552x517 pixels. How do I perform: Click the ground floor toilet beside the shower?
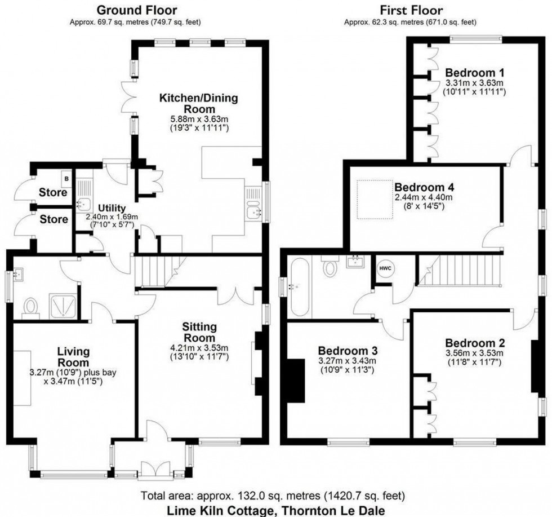32,307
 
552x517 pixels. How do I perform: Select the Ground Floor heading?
137,10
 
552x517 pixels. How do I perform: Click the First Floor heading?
411,10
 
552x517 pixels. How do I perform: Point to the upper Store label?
53,193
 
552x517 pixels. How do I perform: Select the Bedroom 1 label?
474,73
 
